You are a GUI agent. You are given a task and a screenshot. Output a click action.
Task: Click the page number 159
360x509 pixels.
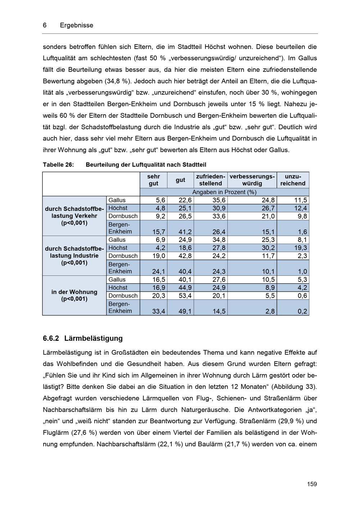(x=312, y=484)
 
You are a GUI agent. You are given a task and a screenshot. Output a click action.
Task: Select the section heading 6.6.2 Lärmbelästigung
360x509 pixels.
(x=82, y=338)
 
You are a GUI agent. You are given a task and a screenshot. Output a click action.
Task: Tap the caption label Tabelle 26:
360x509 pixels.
(x=58, y=165)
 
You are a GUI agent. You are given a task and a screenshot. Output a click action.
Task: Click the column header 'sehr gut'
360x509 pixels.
(x=153, y=180)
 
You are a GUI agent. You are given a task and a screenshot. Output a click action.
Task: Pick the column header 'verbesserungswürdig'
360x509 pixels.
(x=252, y=180)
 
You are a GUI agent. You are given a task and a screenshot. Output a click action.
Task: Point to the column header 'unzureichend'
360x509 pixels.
(x=293, y=180)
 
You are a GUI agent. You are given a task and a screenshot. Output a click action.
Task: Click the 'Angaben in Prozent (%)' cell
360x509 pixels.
(x=224, y=192)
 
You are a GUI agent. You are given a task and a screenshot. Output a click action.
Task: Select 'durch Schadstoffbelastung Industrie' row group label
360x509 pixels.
(x=74, y=256)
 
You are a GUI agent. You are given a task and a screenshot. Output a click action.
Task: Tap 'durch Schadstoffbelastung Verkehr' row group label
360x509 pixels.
(x=74, y=216)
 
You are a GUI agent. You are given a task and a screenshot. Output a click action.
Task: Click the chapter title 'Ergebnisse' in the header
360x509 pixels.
(x=76, y=25)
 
